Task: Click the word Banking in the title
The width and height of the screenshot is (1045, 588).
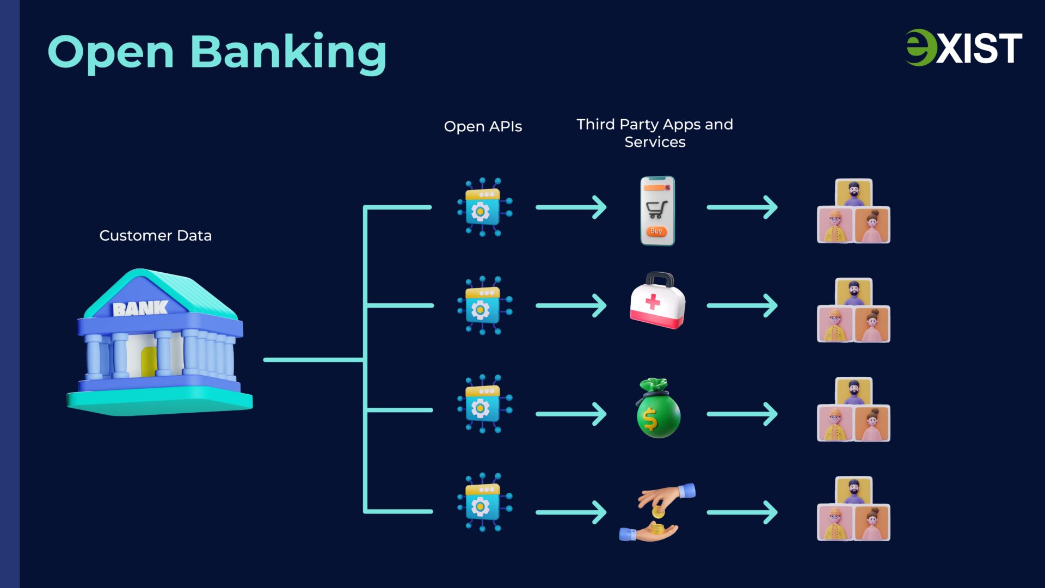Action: (288, 53)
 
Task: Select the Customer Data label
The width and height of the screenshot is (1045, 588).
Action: (155, 235)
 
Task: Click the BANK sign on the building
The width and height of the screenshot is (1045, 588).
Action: (140, 309)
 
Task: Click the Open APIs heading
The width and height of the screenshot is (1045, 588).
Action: (483, 126)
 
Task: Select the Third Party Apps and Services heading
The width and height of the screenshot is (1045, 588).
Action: (655, 133)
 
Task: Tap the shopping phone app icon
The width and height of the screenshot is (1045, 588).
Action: (657, 210)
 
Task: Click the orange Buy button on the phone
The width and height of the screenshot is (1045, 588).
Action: (656, 231)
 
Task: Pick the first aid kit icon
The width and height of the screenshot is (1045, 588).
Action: (657, 301)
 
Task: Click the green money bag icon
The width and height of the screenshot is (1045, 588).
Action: (658, 409)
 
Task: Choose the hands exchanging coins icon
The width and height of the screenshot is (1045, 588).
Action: (657, 512)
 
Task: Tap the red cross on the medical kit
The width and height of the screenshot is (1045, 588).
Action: (652, 301)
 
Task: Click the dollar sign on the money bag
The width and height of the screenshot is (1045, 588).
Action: (650, 419)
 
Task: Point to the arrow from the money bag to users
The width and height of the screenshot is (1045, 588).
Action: (742, 414)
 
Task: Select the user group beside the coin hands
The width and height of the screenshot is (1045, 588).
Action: (853, 509)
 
